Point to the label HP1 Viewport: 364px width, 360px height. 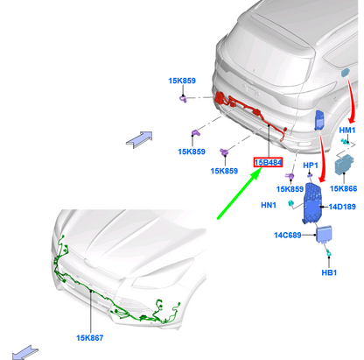click(311, 166)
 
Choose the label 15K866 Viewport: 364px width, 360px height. click(343, 188)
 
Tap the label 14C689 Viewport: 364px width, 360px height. click(288, 235)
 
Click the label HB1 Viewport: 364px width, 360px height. click(329, 272)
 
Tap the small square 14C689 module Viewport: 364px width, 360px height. click(325, 234)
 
